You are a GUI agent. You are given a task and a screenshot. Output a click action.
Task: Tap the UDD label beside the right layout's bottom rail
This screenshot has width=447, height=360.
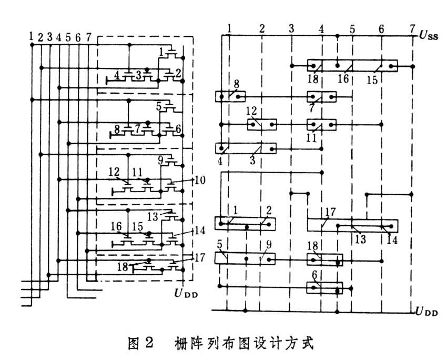pyautogui.click(x=426, y=312)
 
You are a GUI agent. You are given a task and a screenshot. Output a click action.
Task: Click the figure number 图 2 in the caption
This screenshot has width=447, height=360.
pyautogui.click(x=140, y=345)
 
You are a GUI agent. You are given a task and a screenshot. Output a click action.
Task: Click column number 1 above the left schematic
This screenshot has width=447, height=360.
pyautogui.click(x=32, y=37)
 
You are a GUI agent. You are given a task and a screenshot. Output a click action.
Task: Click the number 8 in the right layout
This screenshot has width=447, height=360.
pyautogui.click(x=237, y=84)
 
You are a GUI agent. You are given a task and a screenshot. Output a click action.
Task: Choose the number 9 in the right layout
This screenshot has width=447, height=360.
pyautogui.click(x=269, y=245)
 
